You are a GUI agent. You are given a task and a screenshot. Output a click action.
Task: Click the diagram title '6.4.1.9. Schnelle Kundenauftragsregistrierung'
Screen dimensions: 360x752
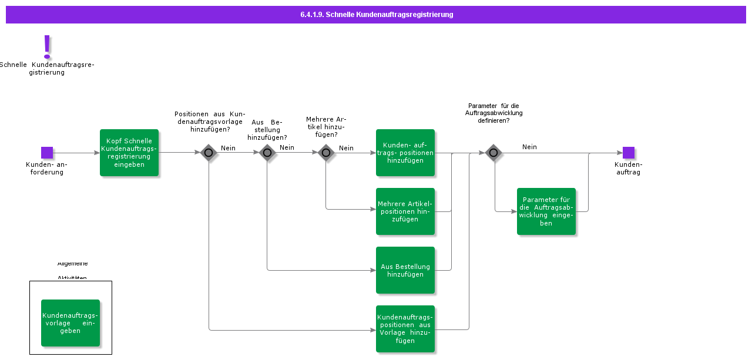(376, 15)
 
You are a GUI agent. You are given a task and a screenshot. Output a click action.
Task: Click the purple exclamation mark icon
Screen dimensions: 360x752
(47, 46)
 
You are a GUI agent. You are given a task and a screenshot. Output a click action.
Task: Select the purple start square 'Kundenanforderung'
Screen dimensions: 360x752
(47, 153)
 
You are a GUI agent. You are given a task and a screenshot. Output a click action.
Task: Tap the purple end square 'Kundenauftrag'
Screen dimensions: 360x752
(628, 153)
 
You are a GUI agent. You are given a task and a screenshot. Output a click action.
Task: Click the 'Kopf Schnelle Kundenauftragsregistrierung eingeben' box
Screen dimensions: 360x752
(129, 153)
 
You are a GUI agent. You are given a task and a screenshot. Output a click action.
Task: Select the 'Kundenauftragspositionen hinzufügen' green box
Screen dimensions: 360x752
(405, 153)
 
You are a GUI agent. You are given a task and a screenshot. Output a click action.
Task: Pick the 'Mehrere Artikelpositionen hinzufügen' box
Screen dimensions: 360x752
(405, 211)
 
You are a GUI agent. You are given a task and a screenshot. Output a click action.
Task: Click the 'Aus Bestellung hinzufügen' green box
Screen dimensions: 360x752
(405, 270)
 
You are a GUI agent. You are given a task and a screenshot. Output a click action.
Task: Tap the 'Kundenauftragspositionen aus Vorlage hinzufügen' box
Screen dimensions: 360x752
(405, 329)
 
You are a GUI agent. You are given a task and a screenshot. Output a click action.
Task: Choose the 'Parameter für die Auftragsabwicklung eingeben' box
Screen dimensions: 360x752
(546, 211)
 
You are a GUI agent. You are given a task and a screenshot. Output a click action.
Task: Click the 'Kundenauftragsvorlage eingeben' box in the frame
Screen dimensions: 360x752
(70, 323)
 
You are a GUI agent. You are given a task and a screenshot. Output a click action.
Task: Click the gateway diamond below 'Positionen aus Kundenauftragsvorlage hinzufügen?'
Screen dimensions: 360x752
(209, 153)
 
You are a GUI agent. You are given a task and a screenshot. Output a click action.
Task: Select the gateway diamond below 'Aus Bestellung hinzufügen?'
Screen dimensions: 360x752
(267, 153)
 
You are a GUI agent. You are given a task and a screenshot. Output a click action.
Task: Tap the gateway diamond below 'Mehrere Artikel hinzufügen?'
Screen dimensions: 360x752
(326, 153)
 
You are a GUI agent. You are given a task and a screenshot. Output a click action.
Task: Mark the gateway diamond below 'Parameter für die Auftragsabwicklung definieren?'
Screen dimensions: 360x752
(493, 153)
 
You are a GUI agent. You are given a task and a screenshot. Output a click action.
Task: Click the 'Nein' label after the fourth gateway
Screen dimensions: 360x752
(529, 147)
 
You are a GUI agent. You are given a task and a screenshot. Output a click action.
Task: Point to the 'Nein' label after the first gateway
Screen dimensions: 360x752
(228, 148)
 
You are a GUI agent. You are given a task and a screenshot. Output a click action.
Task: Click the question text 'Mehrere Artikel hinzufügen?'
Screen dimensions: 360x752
(326, 127)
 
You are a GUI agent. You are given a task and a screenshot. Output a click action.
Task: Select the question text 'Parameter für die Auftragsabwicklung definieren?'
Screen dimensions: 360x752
(493, 113)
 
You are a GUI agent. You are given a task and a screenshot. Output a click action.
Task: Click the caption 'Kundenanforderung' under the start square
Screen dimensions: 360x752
(46, 169)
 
